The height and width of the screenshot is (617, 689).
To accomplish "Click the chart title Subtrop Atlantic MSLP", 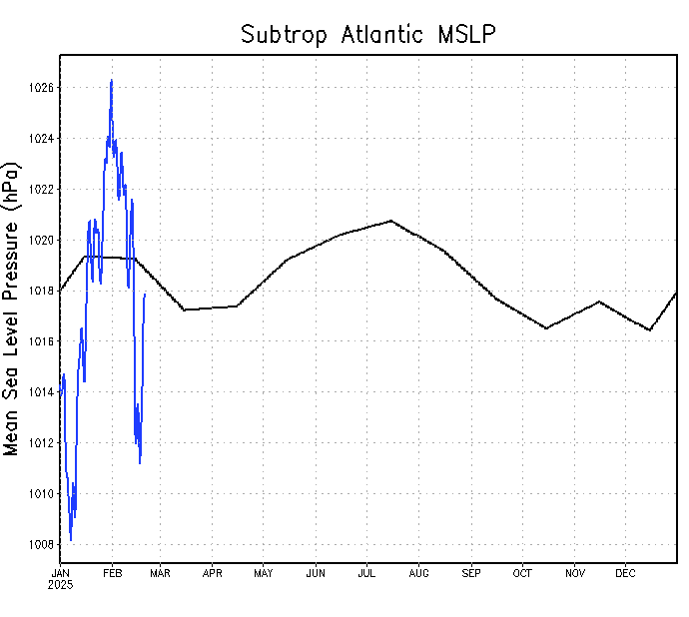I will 368,34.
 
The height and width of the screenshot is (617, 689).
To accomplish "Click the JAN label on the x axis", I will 60,573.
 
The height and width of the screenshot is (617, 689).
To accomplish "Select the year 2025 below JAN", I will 60,584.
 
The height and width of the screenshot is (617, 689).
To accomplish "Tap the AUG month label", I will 418,573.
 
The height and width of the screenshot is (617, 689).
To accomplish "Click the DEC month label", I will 625,573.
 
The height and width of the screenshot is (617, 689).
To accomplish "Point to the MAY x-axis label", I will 264,573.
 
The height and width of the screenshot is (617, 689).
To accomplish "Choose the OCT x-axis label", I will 522,573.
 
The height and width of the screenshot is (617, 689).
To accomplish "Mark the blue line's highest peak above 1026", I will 111,80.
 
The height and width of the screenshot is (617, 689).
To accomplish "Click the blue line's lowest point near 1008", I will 70,540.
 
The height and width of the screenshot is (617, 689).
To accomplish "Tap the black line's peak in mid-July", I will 390,220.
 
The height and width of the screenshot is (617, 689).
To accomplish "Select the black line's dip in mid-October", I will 546,327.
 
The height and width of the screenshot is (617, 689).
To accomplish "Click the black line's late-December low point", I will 650,329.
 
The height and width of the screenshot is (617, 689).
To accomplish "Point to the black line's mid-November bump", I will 598,301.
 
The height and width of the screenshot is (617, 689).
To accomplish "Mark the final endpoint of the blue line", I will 145,295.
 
